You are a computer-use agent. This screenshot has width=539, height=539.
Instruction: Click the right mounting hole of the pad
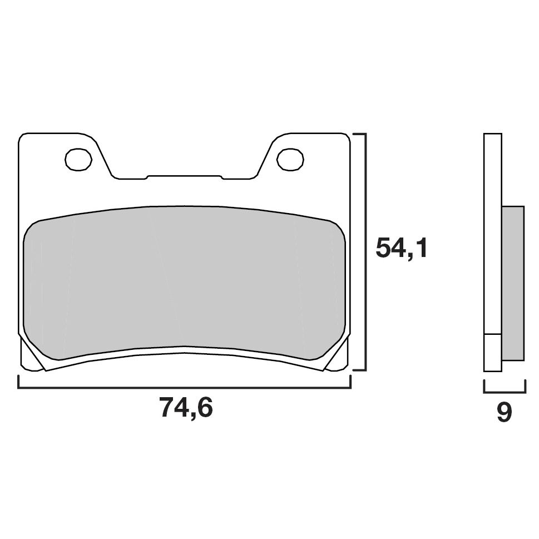click(x=290, y=160)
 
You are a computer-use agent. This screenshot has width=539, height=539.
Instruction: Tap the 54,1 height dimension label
click(x=402, y=248)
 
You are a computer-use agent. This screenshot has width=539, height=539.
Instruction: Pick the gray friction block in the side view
click(x=513, y=283)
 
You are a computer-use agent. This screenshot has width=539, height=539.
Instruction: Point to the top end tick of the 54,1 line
click(x=359, y=134)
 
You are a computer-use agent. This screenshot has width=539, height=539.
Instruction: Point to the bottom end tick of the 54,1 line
click(x=359, y=370)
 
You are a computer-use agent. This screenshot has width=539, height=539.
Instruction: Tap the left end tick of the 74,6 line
click(x=18, y=383)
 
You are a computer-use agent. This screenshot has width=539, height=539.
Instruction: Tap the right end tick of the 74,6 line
click(x=350, y=383)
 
